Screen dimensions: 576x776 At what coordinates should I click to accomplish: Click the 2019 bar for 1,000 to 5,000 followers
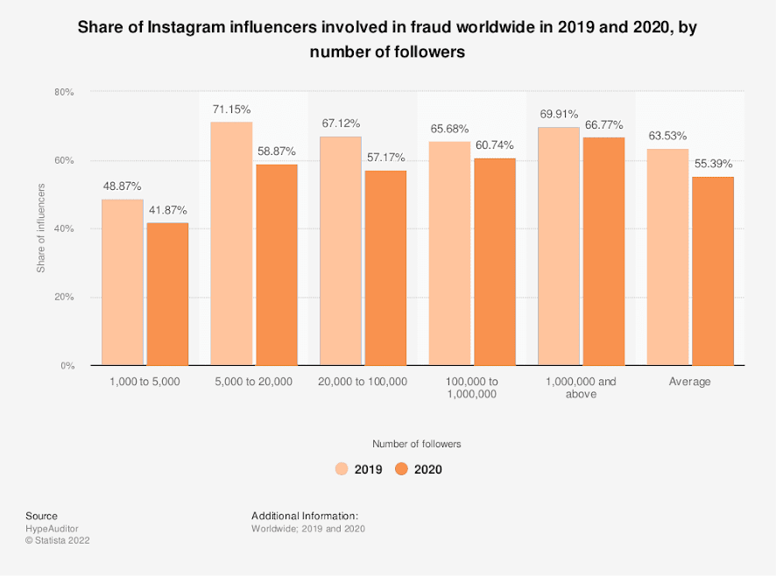tap(123, 282)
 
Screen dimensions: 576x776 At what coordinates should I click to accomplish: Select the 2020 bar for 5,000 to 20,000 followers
tap(277, 264)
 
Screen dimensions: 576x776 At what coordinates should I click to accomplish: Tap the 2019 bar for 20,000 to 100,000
tap(340, 250)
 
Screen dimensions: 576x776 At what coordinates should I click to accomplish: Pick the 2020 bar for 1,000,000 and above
tap(603, 250)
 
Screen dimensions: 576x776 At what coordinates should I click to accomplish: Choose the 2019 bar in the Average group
tap(667, 256)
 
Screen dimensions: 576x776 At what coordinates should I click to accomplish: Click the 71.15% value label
tap(231, 109)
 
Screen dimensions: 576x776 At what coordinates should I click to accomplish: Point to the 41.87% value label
tap(167, 211)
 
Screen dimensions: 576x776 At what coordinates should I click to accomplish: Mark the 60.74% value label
tap(495, 145)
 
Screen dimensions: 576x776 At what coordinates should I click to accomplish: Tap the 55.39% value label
tap(713, 164)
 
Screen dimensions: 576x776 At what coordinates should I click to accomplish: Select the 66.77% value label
tap(603, 124)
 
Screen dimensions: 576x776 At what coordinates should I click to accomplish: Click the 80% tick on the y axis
tap(64, 92)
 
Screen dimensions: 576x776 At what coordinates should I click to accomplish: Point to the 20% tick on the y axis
tap(64, 298)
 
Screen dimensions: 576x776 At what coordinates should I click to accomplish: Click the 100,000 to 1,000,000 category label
tap(473, 388)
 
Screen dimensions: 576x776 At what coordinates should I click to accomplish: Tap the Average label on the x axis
tap(690, 382)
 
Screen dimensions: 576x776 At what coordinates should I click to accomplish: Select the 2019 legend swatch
tap(342, 469)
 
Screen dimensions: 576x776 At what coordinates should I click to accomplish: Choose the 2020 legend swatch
tap(402, 469)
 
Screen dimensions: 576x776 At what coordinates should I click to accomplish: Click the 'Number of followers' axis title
tap(416, 444)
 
